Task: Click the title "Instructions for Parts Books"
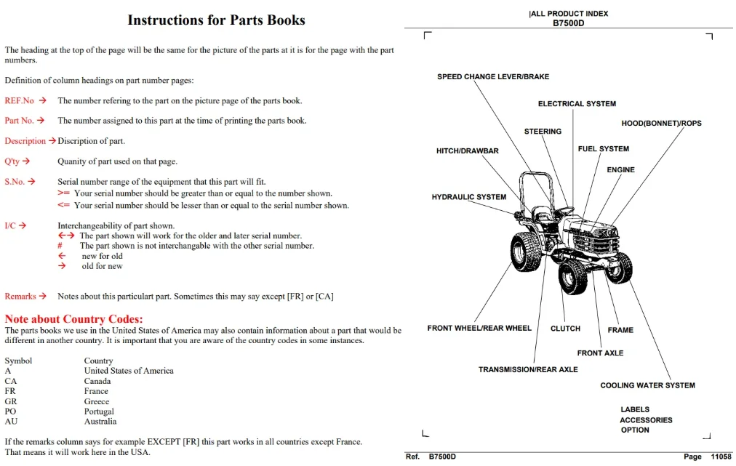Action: point(217,20)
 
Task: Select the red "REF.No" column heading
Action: point(19,100)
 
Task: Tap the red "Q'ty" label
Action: point(12,161)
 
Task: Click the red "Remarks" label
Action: point(20,296)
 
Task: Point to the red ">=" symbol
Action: point(63,193)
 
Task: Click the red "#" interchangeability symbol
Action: point(60,246)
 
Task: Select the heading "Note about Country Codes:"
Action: point(73,318)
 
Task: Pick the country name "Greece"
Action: point(96,401)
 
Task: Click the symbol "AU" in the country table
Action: point(11,422)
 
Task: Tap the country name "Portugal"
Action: point(99,411)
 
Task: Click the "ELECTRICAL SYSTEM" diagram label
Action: point(577,104)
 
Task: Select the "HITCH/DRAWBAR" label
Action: point(468,150)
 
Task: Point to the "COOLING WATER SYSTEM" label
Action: point(647,385)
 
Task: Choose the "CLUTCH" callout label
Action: point(565,329)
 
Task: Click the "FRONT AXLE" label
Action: point(600,353)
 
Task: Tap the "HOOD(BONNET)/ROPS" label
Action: point(661,123)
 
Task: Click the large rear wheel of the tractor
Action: point(525,252)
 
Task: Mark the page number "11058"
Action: point(721,457)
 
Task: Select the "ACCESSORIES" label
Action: point(646,420)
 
